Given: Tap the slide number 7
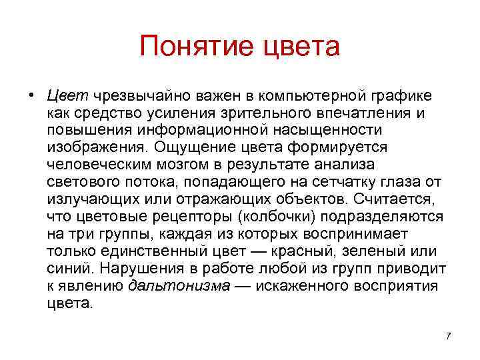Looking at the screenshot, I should click(448, 336).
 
